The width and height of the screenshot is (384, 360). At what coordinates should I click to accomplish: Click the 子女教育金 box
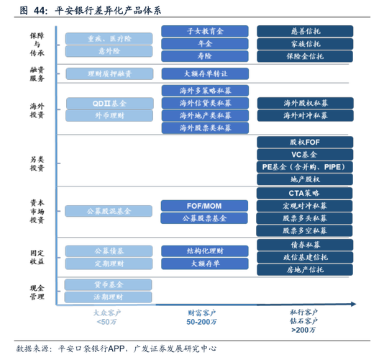pyautogui.click(x=204, y=31)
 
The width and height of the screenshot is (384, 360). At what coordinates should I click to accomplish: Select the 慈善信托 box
pyautogui.click(x=305, y=31)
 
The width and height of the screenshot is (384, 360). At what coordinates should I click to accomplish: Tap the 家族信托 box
pyautogui.click(x=305, y=43)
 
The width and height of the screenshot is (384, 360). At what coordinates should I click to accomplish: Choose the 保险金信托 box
pyautogui.click(x=305, y=55)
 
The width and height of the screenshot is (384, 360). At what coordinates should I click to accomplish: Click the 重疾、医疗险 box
pyautogui.click(x=108, y=38)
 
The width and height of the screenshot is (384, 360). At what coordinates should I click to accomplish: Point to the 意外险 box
pyautogui.click(x=108, y=51)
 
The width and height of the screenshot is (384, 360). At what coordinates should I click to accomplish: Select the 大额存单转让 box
pyautogui.click(x=204, y=73)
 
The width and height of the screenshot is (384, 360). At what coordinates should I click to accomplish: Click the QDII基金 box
pyautogui.click(x=108, y=103)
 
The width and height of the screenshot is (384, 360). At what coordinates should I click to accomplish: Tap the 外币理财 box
pyautogui.click(x=108, y=115)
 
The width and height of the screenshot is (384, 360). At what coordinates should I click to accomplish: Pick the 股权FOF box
pyautogui.click(x=305, y=142)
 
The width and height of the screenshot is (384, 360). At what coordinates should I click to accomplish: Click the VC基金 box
pyautogui.click(x=305, y=154)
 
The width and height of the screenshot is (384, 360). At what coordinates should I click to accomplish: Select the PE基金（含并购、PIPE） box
pyautogui.click(x=305, y=166)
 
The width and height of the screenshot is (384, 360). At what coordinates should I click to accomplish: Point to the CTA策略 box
pyautogui.click(x=305, y=193)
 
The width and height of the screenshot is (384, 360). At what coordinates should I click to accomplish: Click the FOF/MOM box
pyautogui.click(x=204, y=205)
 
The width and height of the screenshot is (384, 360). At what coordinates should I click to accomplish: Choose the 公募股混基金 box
pyautogui.click(x=108, y=212)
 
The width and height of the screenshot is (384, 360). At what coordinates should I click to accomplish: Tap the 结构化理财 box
pyautogui.click(x=204, y=251)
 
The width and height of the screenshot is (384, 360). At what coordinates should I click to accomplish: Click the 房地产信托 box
pyautogui.click(x=305, y=269)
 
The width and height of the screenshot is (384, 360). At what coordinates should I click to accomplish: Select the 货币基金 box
pyautogui.click(x=108, y=284)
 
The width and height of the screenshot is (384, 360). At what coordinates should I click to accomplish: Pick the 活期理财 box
pyautogui.click(x=108, y=297)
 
